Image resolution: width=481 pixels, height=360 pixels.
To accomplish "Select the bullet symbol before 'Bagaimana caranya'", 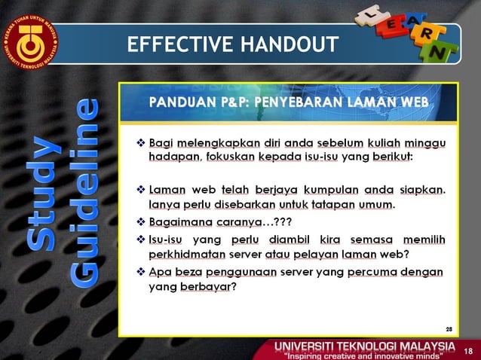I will [x=140, y=221].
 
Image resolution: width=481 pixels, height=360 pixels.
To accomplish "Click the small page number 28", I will [x=449, y=329].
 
